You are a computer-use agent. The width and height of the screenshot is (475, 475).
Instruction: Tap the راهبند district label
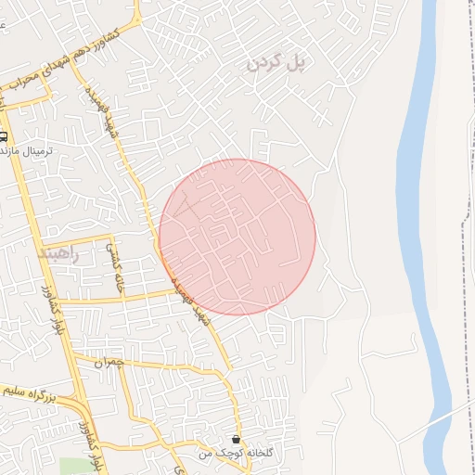(x=60, y=252)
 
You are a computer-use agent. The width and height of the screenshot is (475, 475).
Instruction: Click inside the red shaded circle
(x=237, y=237)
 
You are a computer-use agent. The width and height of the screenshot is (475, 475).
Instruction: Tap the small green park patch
(x=72, y=466)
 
